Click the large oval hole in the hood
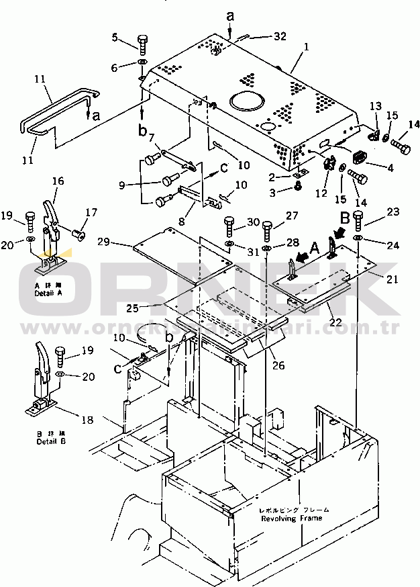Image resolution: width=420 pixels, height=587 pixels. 248,103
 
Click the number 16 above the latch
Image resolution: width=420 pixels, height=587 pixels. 58,181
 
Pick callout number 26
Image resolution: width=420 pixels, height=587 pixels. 278,366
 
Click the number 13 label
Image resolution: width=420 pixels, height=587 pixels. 375,106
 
